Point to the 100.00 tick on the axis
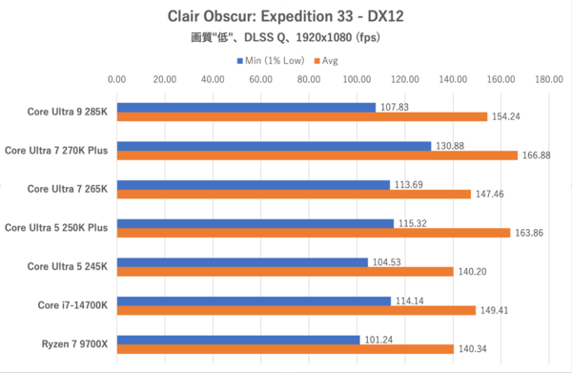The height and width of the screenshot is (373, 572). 357,79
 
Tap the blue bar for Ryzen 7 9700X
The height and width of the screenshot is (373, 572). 238,340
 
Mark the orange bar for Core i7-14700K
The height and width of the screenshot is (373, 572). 296,310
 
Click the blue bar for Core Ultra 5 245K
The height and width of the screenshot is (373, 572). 242,262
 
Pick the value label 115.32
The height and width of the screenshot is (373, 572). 412,223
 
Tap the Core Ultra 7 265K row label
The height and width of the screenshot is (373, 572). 68,188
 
